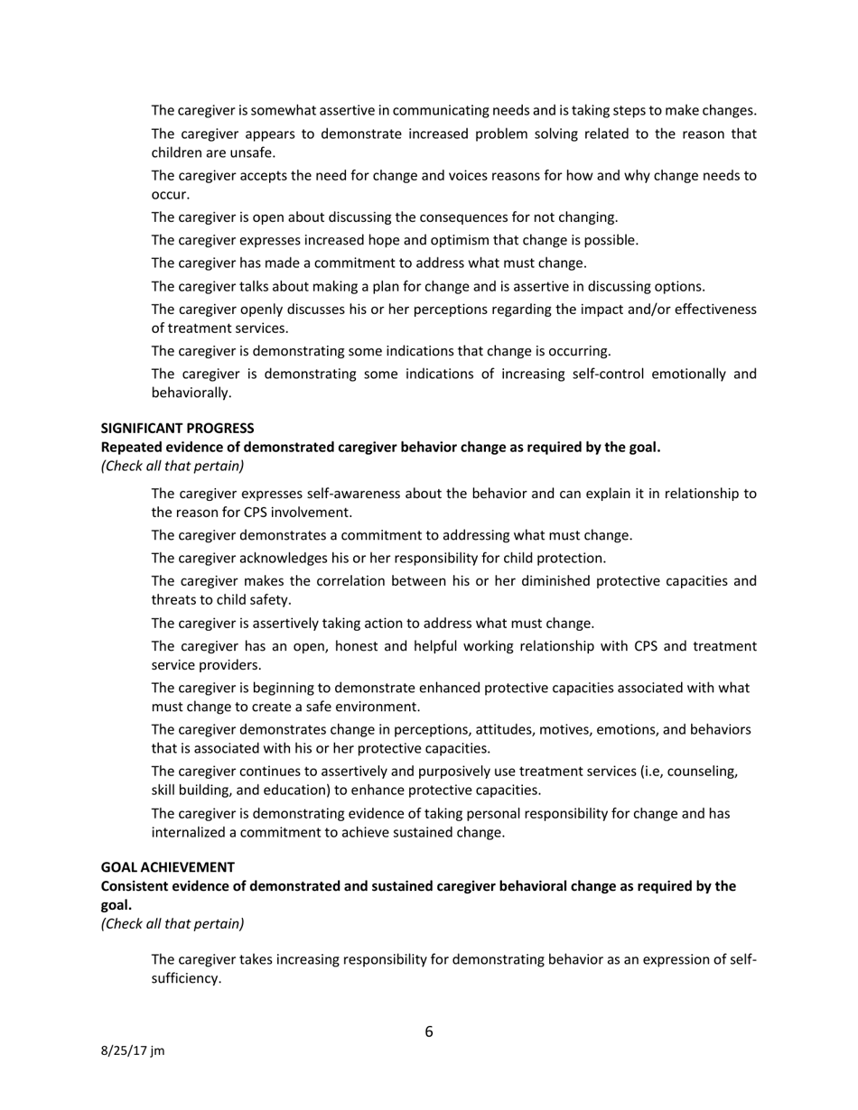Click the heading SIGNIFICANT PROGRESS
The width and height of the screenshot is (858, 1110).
point(177,428)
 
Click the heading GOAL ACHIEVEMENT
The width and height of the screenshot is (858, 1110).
point(167,867)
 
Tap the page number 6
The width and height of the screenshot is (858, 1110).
point(429,1031)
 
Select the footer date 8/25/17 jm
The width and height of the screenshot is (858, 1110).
point(132,1051)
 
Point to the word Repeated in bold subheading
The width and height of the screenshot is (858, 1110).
point(131,447)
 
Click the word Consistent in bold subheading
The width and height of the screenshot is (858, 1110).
point(135,886)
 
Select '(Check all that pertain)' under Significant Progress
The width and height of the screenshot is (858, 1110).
point(172,466)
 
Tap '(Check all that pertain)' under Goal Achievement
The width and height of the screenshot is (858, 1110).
point(172,923)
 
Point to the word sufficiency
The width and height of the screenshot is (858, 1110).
point(185,977)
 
